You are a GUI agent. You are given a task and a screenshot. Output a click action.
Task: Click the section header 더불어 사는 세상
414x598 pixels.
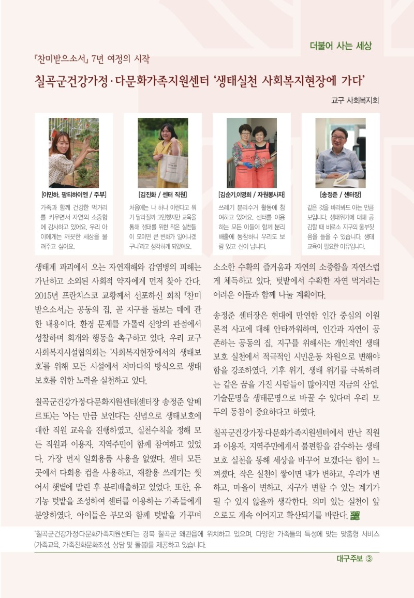click(341, 46)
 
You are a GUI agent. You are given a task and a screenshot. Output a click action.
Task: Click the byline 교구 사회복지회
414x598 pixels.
click(355, 100)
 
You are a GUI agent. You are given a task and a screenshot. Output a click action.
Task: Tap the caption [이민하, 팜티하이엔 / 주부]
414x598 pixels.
click(73, 195)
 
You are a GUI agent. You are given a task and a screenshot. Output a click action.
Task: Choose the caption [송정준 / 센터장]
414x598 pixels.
click(341, 195)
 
